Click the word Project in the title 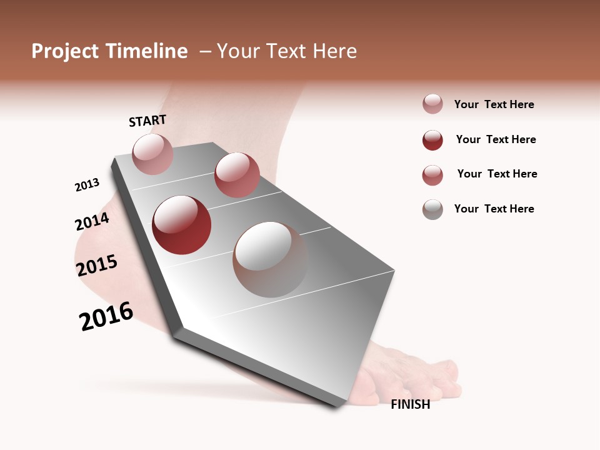65,51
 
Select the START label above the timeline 147,121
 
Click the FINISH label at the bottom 410,404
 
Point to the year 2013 87,185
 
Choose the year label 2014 92,221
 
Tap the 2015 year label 97,265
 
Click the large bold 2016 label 106,316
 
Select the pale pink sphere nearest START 153,154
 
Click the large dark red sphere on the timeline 182,225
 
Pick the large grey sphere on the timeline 270,259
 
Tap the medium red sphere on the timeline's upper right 237,175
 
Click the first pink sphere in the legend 432,104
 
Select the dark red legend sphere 432,140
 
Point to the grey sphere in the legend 432,209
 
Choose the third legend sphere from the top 432,175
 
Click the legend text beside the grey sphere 494,209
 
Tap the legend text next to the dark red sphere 496,139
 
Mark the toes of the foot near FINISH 431,381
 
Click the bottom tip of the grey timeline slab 337,406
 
